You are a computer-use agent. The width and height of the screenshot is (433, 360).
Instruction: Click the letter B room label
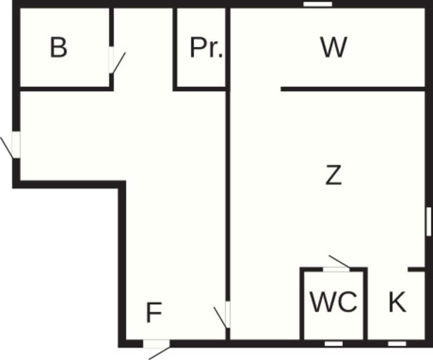tap(59, 48)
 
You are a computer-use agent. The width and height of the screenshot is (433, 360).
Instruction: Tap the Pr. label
tap(206, 48)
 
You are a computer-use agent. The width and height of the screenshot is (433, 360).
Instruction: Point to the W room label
tap(333, 48)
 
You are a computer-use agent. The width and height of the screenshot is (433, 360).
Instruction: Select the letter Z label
tap(333, 176)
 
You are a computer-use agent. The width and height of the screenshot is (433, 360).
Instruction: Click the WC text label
tap(334, 302)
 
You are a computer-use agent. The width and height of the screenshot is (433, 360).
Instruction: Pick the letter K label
tap(397, 302)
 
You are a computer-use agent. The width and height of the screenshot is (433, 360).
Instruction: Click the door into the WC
tap(336, 269)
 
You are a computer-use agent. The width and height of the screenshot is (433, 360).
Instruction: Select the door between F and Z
tap(227, 315)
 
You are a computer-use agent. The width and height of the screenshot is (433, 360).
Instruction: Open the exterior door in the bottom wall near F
tap(156, 344)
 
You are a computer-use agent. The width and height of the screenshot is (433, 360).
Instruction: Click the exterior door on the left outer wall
tap(16, 145)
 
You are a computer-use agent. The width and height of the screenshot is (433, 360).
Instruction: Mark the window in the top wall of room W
tap(317, 4)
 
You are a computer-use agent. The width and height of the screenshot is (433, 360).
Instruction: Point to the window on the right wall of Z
tap(429, 221)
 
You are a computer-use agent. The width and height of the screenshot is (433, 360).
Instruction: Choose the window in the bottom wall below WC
tap(334, 344)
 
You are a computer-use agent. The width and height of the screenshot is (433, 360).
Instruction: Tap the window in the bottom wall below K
tap(397, 344)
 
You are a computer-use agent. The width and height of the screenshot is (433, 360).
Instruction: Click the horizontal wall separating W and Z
tap(353, 89)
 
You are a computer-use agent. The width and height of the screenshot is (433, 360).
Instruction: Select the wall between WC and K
tap(365, 303)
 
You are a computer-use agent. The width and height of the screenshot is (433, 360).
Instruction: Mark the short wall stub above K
tap(417, 269)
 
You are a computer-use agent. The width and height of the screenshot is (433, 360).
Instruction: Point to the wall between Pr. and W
tap(227, 48)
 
